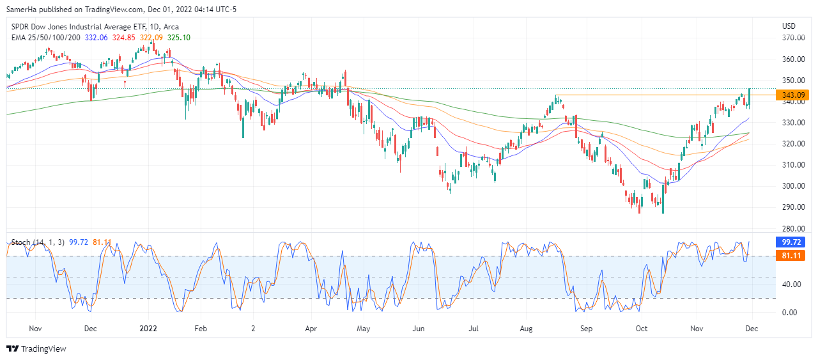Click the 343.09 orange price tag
click(x=792, y=95)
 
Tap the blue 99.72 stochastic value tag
click(x=792, y=242)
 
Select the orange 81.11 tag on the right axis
click(x=792, y=256)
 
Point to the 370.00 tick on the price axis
click(x=793, y=38)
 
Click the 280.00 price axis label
click(x=793, y=228)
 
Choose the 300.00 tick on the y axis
click(x=793, y=186)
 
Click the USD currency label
click(x=789, y=26)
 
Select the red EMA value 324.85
click(x=124, y=38)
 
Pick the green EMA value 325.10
click(x=178, y=38)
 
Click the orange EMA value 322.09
click(x=151, y=38)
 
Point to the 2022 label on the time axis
click(x=148, y=328)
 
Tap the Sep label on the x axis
click(x=587, y=328)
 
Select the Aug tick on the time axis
click(x=526, y=328)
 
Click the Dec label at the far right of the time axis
click(x=752, y=328)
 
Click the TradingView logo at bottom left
click(x=36, y=348)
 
